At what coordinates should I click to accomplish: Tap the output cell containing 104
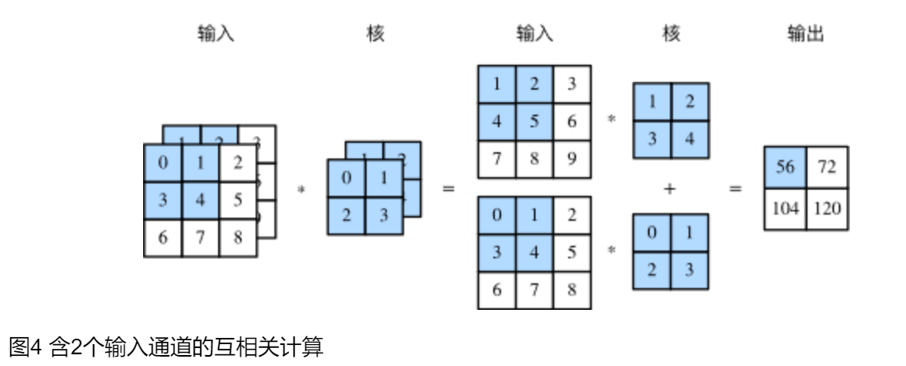tap(785, 209)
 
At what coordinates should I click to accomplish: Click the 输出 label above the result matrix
tap(806, 34)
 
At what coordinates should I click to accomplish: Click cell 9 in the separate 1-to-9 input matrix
tap(572, 159)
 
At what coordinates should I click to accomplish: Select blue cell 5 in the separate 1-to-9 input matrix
tap(535, 122)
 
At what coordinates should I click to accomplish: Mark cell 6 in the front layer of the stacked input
tap(163, 238)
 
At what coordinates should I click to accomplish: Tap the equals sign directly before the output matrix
tap(736, 190)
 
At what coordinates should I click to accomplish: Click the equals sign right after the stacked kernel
tap(449, 190)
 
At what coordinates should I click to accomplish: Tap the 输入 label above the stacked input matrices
tap(216, 34)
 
